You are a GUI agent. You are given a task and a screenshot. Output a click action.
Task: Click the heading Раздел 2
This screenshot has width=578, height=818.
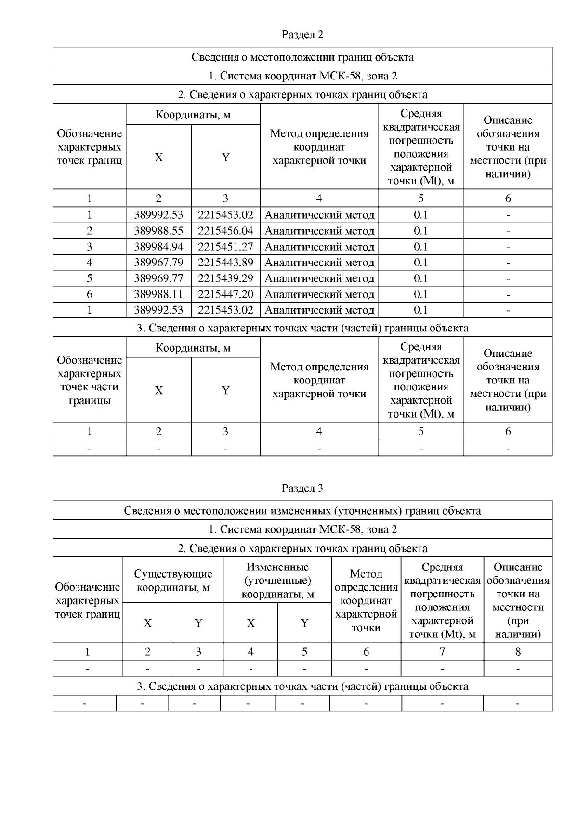coord(302,35)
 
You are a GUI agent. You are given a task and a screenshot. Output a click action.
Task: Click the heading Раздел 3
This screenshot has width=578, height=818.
coord(302,488)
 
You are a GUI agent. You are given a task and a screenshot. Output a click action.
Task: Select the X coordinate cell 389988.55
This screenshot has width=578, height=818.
coord(158,231)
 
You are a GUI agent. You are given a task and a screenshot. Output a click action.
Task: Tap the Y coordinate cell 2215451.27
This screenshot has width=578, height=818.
coord(225,247)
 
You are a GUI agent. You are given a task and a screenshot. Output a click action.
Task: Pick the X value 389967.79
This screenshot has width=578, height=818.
coord(158,263)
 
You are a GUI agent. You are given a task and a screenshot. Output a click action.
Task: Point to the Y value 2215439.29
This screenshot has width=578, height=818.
coord(225,278)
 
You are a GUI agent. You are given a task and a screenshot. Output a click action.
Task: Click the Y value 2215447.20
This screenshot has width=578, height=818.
coord(225,294)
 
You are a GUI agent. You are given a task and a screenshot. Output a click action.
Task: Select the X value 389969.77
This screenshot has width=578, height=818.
coord(158,278)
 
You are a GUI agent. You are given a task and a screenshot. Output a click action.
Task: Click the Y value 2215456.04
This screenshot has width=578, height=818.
coord(225,231)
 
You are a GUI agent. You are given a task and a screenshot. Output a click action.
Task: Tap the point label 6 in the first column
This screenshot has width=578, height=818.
coord(90,294)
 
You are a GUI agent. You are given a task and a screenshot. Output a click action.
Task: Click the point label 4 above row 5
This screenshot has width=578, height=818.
coord(90,263)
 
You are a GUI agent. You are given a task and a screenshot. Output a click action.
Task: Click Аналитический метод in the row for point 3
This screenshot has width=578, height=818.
coord(319,247)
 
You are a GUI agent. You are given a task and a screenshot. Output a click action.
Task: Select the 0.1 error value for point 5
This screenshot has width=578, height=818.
coord(421,278)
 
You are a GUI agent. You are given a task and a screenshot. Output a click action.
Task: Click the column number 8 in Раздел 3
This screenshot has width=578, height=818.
coord(518,652)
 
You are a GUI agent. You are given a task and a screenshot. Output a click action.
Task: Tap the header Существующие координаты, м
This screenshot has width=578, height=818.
coord(173,581)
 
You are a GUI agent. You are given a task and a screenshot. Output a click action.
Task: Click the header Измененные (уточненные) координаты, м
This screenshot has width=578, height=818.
coord(277,581)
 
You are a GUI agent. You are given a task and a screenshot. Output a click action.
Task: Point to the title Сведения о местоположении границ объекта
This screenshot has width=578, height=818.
coord(302,57)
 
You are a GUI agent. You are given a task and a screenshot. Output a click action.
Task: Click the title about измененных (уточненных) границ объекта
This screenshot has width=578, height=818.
coord(302,511)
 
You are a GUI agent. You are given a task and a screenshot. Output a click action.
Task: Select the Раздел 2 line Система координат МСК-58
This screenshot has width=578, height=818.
coord(302,76)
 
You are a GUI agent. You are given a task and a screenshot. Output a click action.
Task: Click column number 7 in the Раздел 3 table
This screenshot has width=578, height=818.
coord(442,652)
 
